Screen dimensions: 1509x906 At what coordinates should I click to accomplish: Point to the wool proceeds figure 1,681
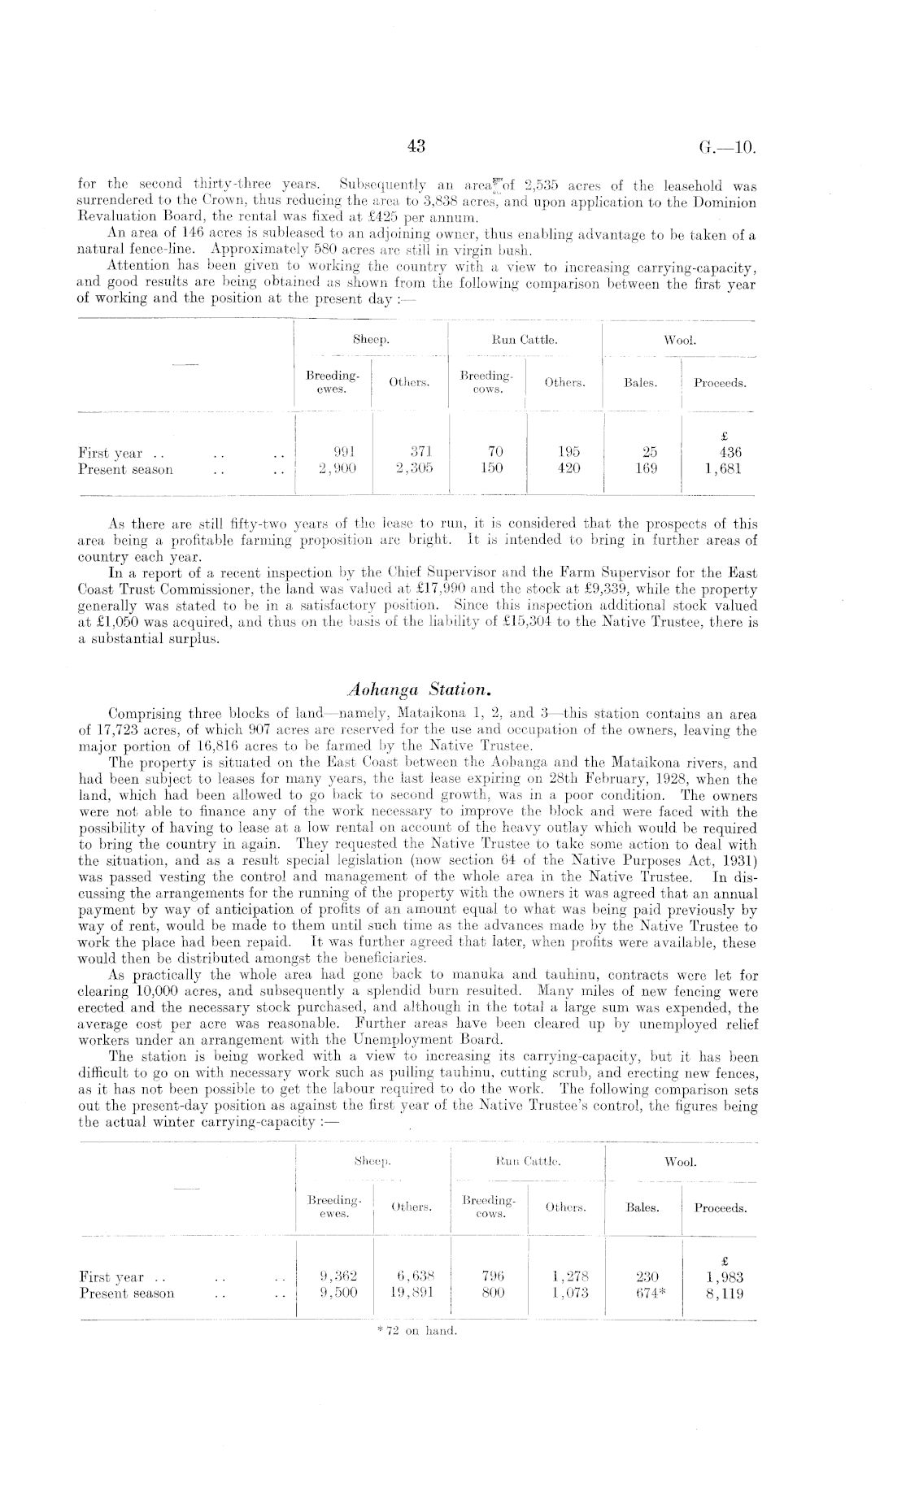click(720, 469)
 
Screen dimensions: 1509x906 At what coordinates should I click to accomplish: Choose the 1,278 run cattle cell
click(567, 1276)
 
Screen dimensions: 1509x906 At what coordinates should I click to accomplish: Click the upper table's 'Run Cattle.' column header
click(525, 341)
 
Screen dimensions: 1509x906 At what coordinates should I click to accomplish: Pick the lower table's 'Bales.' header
click(642, 1208)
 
